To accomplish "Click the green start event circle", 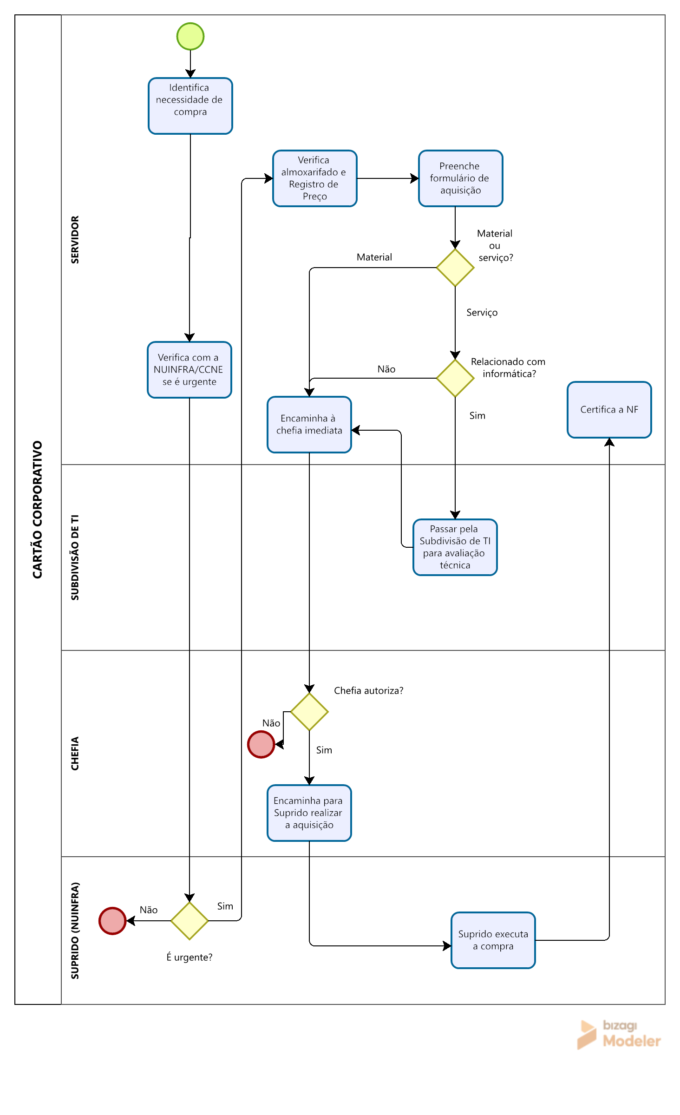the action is [x=190, y=36].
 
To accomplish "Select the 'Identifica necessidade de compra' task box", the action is [x=190, y=106].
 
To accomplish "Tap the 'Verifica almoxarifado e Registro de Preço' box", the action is [x=315, y=178].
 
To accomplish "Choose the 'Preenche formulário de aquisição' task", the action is [x=461, y=178].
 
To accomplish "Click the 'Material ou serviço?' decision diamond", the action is [x=455, y=268].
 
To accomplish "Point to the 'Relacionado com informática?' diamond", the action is [x=455, y=378].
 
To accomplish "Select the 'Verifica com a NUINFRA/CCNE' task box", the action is [x=190, y=370].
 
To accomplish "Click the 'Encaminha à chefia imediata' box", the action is [x=309, y=425].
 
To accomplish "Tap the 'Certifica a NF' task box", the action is [x=609, y=410].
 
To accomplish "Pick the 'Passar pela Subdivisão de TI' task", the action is [x=455, y=547].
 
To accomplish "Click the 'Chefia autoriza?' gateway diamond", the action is [x=309, y=712].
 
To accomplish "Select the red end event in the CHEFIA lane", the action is [x=261, y=744].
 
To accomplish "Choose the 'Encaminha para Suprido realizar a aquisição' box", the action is [x=309, y=813].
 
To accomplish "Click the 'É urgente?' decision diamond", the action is [x=190, y=921].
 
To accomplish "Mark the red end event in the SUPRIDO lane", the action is [x=112, y=921].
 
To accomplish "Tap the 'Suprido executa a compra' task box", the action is [x=493, y=940].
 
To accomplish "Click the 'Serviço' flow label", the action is [x=482, y=313].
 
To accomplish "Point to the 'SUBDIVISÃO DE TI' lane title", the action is [x=75, y=557].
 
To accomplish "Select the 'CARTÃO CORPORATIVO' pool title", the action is [x=37, y=510].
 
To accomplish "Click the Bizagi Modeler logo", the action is [x=619, y=1034].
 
